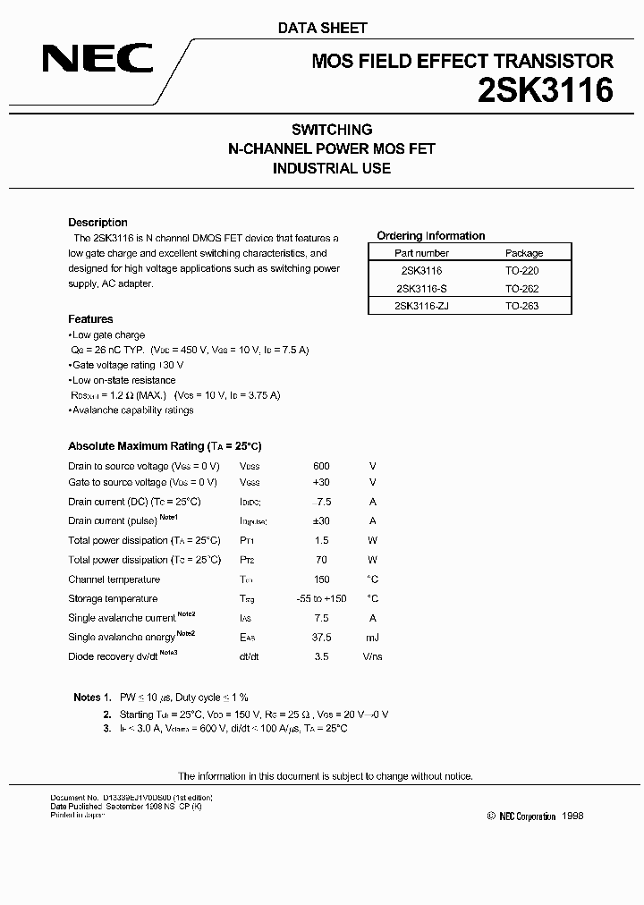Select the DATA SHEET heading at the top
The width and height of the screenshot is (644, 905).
(x=323, y=28)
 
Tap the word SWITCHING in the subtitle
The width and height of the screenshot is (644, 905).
(x=332, y=130)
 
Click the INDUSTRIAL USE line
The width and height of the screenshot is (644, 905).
(x=332, y=168)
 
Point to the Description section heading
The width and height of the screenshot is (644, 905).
(x=97, y=223)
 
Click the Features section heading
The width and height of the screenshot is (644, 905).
(x=90, y=319)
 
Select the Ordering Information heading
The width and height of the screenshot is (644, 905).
(x=431, y=236)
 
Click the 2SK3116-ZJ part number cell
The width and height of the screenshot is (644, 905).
(x=420, y=306)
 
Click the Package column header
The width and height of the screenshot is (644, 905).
(x=523, y=253)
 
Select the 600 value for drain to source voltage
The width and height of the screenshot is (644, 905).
(x=322, y=466)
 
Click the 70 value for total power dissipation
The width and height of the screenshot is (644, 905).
(x=322, y=560)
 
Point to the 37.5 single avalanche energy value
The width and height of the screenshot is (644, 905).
(x=322, y=638)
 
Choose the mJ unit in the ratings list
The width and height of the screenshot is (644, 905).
(x=372, y=638)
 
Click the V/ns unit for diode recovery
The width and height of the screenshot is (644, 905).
(x=372, y=656)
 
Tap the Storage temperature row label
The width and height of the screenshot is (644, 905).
(x=113, y=598)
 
